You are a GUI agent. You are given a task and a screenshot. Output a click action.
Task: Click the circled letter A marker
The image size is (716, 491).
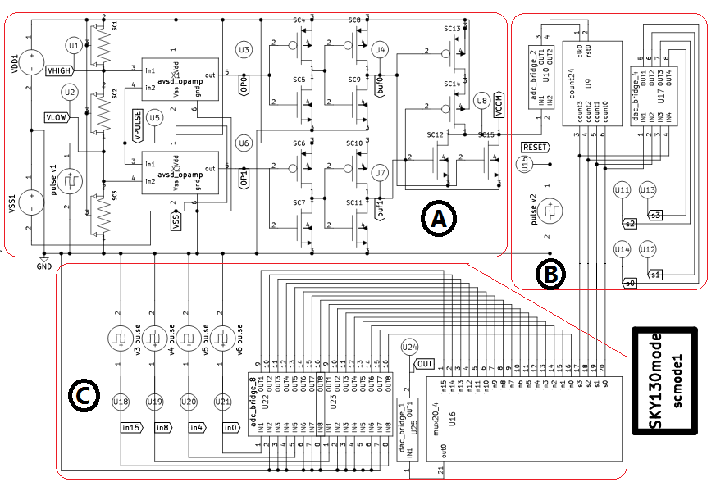coord(439,219)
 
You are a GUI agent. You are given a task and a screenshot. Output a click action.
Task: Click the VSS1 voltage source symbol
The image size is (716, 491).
coord(30,205)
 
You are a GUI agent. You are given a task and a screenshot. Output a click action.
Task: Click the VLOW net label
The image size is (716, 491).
coord(56,117)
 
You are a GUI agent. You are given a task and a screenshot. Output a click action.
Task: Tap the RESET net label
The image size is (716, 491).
coord(535,147)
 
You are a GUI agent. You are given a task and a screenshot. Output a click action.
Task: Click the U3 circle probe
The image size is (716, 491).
coord(244,50)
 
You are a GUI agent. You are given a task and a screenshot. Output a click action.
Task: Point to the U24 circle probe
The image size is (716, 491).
coord(411,348)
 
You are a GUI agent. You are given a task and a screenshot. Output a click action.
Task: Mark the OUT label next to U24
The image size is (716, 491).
coord(425,364)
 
